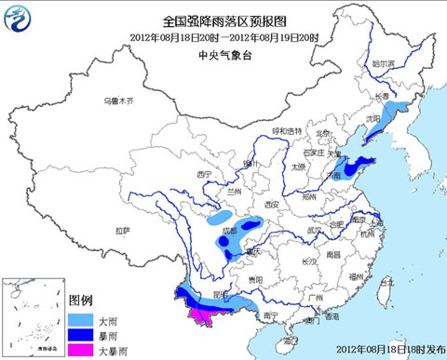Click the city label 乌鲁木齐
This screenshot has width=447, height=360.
click(118, 100)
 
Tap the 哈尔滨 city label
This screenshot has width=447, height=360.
click(384, 64)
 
